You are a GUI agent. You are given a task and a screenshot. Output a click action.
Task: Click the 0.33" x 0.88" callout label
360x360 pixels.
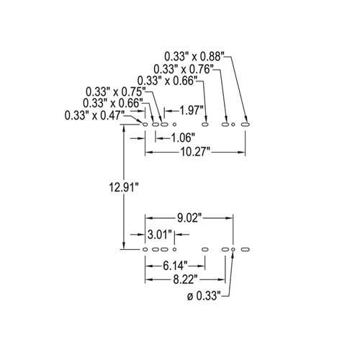(x=194, y=57)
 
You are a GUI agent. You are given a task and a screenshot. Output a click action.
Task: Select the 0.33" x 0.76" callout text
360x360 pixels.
(x=184, y=69)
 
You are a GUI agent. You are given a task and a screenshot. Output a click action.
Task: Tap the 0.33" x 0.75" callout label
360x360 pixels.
(x=116, y=91)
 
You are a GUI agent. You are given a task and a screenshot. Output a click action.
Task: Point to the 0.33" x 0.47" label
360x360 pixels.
(x=94, y=115)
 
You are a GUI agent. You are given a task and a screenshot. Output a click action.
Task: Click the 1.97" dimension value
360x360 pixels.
(x=189, y=111)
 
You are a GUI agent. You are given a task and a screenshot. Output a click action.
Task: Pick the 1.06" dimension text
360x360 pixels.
(x=182, y=138)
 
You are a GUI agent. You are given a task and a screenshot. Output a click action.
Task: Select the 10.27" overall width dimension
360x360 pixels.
(x=195, y=152)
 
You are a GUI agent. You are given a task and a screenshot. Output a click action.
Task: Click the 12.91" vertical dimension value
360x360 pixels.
(x=124, y=187)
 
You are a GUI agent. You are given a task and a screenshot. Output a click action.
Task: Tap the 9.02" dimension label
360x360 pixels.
(x=189, y=218)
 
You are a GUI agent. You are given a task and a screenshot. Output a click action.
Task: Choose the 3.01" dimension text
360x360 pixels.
(x=160, y=235)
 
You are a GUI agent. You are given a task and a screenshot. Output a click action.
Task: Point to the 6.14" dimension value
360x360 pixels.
(x=175, y=266)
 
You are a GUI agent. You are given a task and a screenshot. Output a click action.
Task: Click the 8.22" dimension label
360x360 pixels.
(x=185, y=279)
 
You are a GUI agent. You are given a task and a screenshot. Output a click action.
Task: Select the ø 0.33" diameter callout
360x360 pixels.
(x=204, y=296)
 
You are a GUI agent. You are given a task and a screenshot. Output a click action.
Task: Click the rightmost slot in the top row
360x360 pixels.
(x=246, y=125)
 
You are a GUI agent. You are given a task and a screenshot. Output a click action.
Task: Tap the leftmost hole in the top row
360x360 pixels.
(x=145, y=125)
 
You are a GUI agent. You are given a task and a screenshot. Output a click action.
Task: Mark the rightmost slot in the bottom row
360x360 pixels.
(x=246, y=250)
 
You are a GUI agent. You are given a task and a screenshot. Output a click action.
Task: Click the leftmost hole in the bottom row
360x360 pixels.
(x=145, y=250)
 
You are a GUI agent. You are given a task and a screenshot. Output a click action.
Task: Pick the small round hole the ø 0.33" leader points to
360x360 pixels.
(x=233, y=250)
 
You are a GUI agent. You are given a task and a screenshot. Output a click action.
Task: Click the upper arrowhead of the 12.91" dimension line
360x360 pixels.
(x=124, y=128)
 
